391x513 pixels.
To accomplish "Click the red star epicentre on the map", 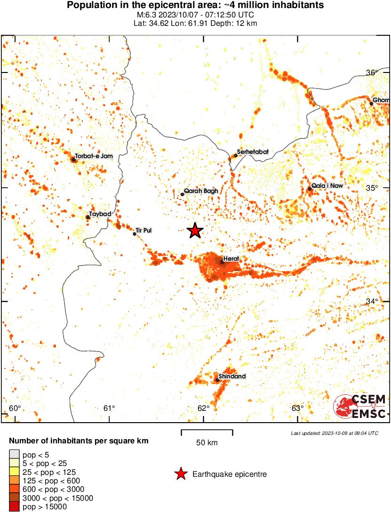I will tap(195, 231).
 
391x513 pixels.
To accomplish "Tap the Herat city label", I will tap(231, 259).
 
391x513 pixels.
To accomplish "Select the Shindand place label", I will tap(232, 377).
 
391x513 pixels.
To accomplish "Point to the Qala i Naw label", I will tap(326, 186).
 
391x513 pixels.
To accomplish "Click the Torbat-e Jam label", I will tap(94, 156).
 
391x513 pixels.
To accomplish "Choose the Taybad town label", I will tap(100, 214).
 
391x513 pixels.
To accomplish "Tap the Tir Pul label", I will tap(144, 231).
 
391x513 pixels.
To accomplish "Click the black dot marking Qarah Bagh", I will tap(183, 194).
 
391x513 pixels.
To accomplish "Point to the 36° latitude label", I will tap(373, 72).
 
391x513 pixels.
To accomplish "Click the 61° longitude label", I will tap(109, 408).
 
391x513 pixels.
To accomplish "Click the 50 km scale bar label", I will tap(207, 443).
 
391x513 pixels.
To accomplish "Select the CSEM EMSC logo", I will tap(360, 406).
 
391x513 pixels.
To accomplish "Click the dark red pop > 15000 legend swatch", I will tap(14, 506).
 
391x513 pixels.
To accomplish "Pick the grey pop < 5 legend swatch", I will tap(14, 455).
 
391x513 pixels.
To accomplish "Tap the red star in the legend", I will tap(180, 474).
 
